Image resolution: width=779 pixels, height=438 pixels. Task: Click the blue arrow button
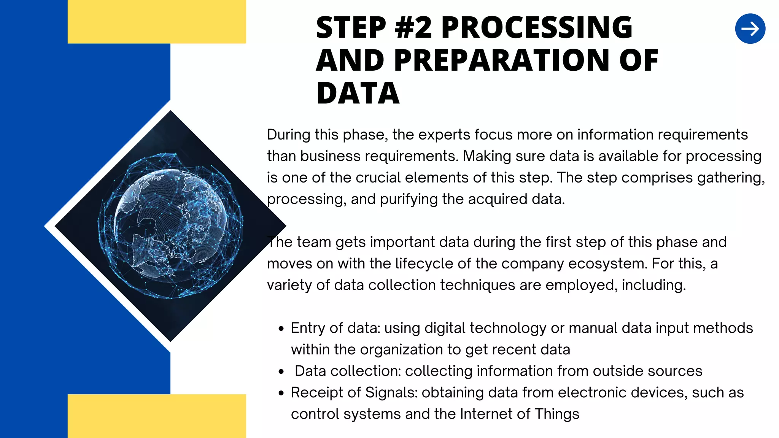(x=750, y=29)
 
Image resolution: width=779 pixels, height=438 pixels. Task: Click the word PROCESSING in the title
(x=536, y=27)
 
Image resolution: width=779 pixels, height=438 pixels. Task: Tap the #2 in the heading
(x=413, y=27)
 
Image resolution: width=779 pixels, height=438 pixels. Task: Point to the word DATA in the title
(x=358, y=94)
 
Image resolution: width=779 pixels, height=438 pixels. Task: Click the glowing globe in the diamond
(x=170, y=226)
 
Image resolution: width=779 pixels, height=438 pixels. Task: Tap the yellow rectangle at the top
(x=157, y=22)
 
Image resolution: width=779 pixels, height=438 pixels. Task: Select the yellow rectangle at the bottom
(x=157, y=416)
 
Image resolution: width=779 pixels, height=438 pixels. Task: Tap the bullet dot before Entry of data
(x=281, y=329)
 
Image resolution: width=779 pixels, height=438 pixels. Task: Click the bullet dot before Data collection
(x=281, y=372)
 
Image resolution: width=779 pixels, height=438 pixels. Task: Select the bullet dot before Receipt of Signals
(x=281, y=394)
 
